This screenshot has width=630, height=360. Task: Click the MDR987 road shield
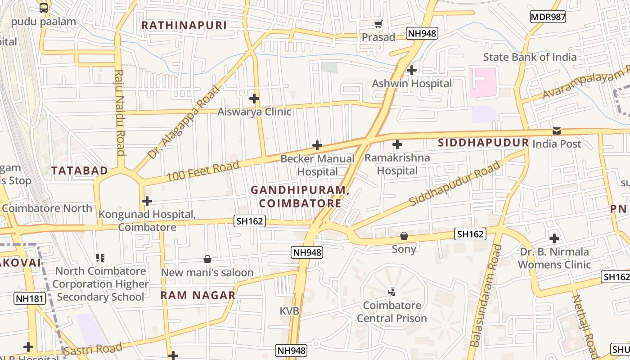(548, 17)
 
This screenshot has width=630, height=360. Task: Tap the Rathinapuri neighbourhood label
(184, 25)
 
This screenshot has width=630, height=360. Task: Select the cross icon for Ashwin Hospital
(411, 70)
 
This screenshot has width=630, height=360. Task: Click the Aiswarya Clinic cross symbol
(254, 98)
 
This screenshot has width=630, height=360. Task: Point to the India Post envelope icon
(557, 131)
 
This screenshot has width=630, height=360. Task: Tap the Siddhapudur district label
(483, 143)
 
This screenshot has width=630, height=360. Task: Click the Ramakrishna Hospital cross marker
(397, 145)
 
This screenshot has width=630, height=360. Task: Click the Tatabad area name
(80, 171)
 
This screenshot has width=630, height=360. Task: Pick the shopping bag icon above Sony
(404, 236)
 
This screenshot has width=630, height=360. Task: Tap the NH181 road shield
(30, 298)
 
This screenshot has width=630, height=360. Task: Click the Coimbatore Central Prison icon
(391, 292)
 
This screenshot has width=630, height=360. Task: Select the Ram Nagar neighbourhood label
(198, 296)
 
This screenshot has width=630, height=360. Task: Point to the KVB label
(289, 311)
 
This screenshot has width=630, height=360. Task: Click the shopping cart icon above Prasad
(378, 24)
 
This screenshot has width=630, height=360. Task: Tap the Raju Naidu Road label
(120, 112)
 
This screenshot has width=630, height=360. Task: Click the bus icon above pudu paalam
(44, 8)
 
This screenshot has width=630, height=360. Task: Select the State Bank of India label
(530, 57)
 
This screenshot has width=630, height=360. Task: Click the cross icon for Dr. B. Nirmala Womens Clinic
(554, 238)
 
